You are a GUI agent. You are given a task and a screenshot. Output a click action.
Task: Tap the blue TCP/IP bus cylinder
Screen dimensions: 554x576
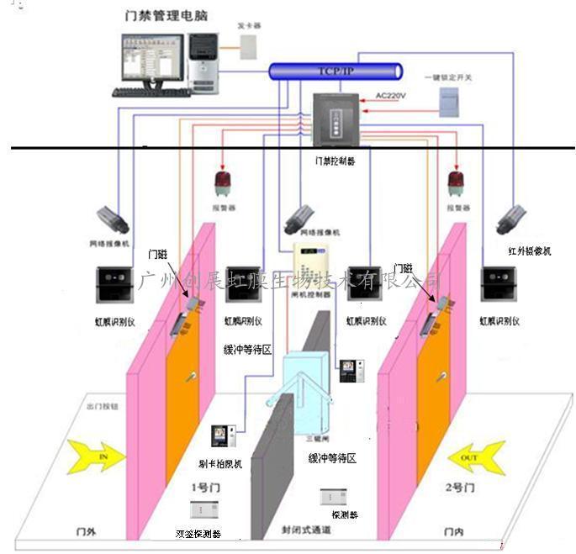click(336, 71)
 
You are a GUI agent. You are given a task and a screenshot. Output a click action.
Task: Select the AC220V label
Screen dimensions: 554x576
click(390, 96)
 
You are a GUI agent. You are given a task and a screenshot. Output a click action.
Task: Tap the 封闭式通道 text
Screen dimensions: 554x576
click(306, 530)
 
